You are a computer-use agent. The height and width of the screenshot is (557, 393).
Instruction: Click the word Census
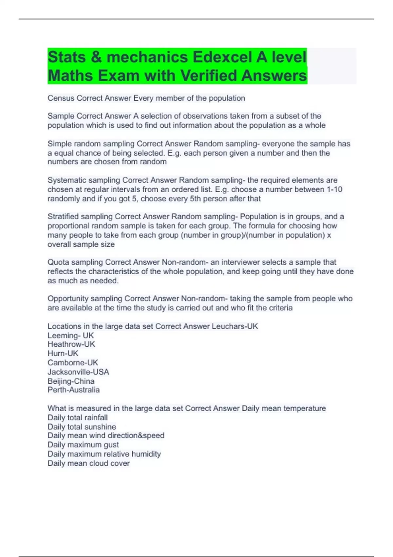tap(61, 98)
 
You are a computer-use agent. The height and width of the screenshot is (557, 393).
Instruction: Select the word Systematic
tap(67, 180)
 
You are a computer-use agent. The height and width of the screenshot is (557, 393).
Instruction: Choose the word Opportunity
tap(68, 298)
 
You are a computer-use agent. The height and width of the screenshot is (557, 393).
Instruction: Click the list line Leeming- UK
tap(70, 336)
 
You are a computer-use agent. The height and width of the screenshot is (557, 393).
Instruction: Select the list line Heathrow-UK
tap(71, 344)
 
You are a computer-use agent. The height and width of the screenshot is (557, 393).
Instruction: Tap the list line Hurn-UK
tap(63, 353)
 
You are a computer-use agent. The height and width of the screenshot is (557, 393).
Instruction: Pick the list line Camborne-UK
tap(73, 362)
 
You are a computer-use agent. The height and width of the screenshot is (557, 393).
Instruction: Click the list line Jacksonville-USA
tap(78, 372)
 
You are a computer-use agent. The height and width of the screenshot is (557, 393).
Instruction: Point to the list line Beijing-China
tap(71, 381)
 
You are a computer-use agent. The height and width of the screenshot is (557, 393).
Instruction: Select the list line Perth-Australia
tap(73, 390)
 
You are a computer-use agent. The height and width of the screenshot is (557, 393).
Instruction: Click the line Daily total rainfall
tap(77, 417)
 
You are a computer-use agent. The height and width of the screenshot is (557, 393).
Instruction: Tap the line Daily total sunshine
tap(82, 427)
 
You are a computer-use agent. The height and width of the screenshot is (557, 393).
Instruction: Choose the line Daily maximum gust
tap(83, 445)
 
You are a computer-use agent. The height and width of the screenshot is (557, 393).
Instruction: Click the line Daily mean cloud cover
tap(88, 463)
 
